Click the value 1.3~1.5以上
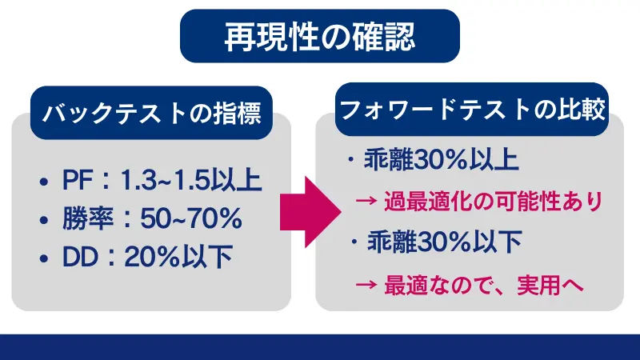coord(190,182)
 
